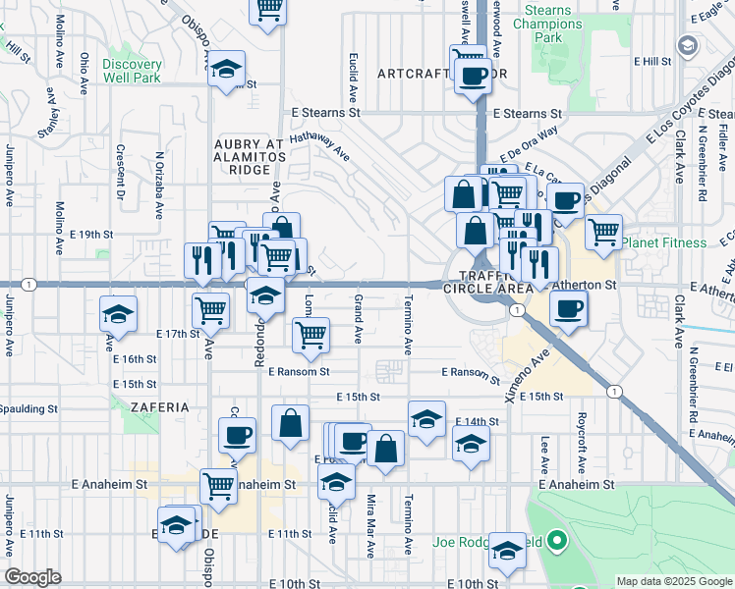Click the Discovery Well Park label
coord(132,71)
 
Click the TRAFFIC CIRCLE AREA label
coord(487,281)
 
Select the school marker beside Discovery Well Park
coord(227,71)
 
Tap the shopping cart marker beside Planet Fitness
coord(603,232)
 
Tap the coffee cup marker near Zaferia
coord(236,434)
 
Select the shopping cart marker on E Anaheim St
coord(218,484)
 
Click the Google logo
coord(32,577)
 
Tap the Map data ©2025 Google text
coord(673,581)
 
